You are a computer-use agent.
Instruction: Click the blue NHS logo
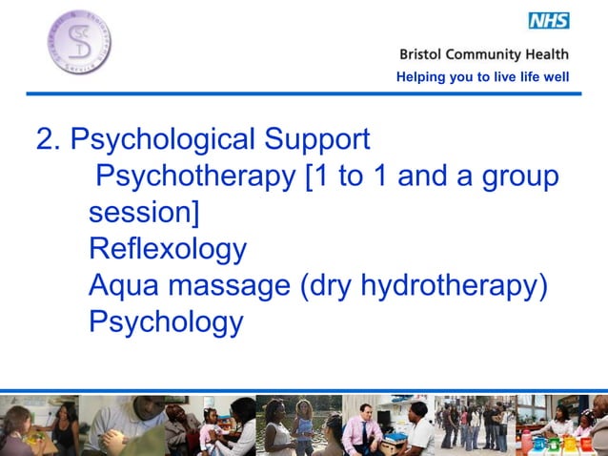[x=548, y=19]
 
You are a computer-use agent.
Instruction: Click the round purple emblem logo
[x=76, y=44]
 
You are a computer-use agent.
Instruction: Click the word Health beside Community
[x=548, y=55]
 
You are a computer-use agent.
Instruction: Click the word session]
[x=144, y=213]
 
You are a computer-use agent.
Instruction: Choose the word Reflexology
[x=168, y=249]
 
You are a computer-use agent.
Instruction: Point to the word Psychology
[x=166, y=321]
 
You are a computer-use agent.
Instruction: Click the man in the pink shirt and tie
[x=363, y=428]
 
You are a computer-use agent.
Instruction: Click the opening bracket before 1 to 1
[x=311, y=177]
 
